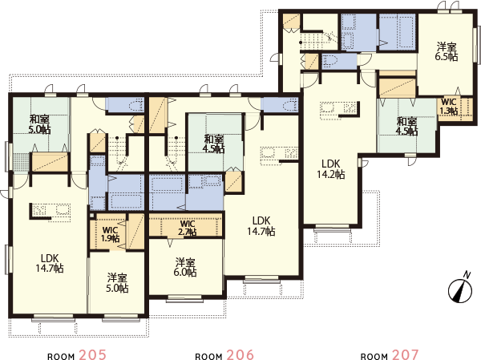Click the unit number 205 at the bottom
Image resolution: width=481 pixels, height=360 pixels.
pos(92,354)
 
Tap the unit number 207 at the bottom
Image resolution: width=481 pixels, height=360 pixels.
pos(404,354)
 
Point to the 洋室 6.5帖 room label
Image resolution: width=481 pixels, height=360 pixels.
pos(446,52)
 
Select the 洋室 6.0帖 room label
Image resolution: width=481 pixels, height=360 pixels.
pos(185,267)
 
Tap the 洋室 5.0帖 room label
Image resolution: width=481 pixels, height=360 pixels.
pos(117,282)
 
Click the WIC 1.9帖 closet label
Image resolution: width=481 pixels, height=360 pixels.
pos(111,233)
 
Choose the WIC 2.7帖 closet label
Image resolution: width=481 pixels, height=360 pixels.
pos(188,228)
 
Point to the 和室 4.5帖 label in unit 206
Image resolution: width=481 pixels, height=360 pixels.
pos(213,142)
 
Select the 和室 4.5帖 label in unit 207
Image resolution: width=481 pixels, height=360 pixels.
pos(406,126)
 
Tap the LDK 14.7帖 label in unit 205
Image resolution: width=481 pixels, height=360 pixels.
pos(51,264)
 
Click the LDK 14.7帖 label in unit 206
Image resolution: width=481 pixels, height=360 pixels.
pos(262,225)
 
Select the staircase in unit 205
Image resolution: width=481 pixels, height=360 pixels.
pos(120,148)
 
